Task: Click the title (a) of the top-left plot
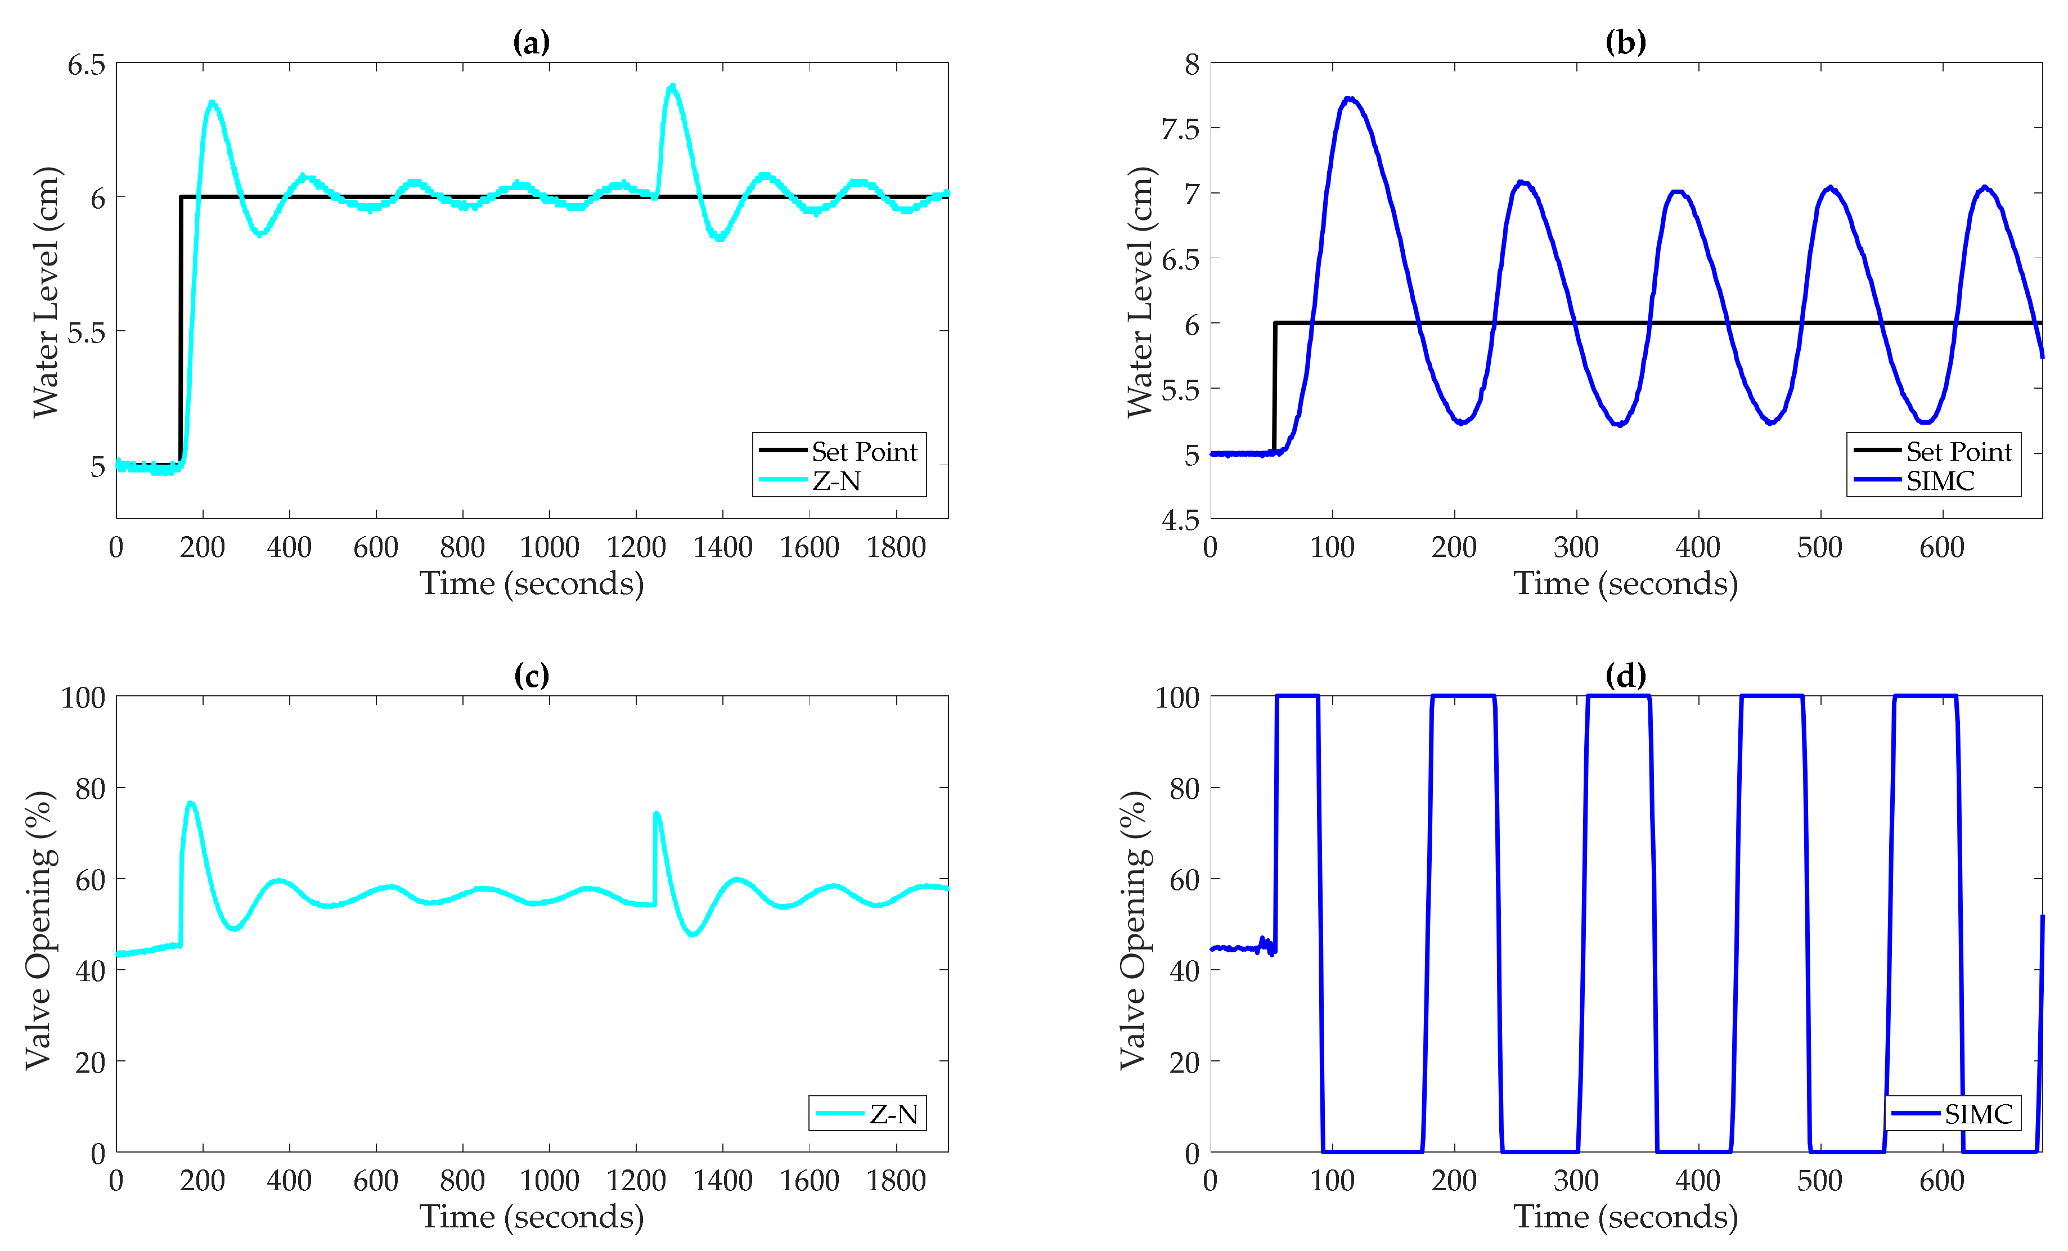[x=531, y=42]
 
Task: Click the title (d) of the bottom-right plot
[x=1626, y=676]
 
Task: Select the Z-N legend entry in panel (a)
[x=836, y=481]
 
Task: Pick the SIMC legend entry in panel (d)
[x=1978, y=1114]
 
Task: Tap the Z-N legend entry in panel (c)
[x=893, y=1114]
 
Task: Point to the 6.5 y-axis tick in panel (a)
[x=87, y=65]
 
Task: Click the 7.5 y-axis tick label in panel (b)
[x=1180, y=129]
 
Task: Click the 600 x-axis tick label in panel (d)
[x=1941, y=1181]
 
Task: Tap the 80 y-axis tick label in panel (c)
[x=90, y=789]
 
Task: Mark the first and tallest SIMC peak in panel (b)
[x=1348, y=99]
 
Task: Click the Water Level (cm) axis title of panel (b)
[x=1139, y=291]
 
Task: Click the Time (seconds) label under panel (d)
[x=1626, y=1217]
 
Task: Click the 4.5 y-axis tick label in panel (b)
[x=1180, y=520]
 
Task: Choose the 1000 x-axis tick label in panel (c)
[x=549, y=1181]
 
